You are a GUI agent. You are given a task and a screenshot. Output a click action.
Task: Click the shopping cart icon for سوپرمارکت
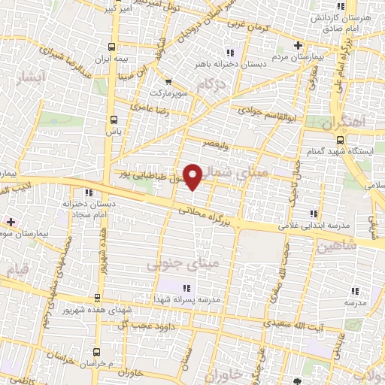(x=168, y=81)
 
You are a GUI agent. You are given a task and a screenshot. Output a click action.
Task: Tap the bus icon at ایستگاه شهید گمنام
(x=340, y=140)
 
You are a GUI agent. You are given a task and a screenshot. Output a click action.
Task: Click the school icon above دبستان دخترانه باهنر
(x=230, y=53)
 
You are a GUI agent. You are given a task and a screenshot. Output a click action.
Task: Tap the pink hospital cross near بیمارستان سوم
(x=10, y=222)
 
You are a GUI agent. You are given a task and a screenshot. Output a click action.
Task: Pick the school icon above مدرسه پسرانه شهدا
(x=186, y=287)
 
